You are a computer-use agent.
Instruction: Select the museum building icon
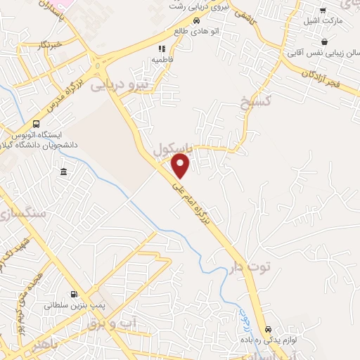pyautogui.click(x=64, y=172)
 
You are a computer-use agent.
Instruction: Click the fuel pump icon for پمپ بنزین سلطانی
pyautogui.click(x=74, y=294)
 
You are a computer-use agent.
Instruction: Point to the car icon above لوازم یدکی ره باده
pyautogui.click(x=267, y=329)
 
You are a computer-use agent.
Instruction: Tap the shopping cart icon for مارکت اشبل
pyautogui.click(x=323, y=11)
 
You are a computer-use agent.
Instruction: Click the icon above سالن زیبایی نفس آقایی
pyautogui.click(x=324, y=41)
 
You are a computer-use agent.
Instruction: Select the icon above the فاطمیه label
pyautogui.click(x=161, y=49)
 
